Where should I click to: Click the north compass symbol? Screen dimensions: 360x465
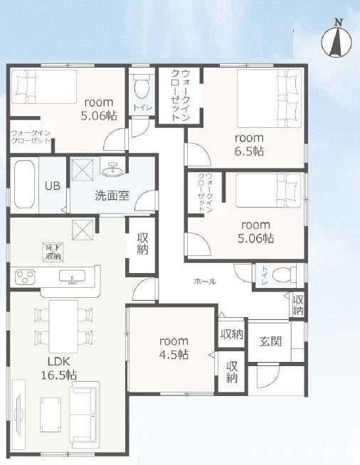pos(337,39)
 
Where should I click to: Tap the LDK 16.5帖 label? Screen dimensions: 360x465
pos(59,368)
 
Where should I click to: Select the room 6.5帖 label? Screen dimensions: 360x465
pos(249,144)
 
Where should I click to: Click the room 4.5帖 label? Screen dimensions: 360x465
pos(174,348)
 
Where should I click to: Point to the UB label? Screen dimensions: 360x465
pos(53,186)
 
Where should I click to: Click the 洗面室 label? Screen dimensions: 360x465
pos(112,196)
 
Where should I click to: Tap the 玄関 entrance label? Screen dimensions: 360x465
pos(270,341)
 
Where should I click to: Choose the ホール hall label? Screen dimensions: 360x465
pos(205,281)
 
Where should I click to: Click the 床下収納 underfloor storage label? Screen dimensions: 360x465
pos(53,252)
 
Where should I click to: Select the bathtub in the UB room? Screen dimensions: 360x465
pos(24,184)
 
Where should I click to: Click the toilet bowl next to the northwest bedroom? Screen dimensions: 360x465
pos(142,86)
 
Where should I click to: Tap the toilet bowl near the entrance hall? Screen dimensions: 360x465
pos(282,275)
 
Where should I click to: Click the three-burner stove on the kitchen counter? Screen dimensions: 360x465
pos(25,277)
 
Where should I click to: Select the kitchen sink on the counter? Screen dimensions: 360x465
pos(72,277)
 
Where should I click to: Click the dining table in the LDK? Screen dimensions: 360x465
pos(63,326)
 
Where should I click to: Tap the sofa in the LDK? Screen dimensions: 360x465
pos(84,415)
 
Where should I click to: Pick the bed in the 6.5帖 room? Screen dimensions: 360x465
pos(270,98)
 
